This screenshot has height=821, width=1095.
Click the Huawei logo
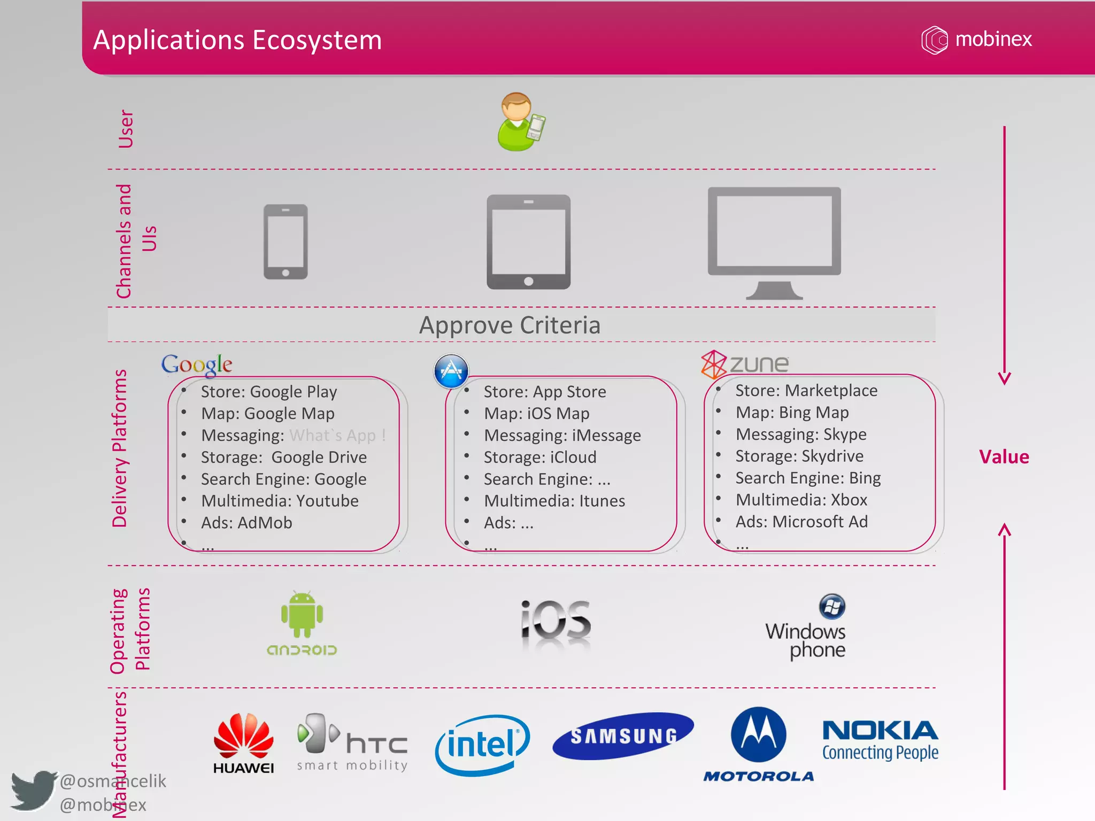pos(244,743)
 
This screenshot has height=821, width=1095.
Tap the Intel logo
pos(482,745)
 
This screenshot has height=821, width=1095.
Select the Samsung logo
pos(623,736)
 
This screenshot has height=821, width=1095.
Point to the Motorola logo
pos(759,743)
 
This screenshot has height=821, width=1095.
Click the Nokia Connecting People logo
pos(880,740)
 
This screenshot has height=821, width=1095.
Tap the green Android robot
pos(302,615)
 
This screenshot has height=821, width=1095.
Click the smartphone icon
pos(286,242)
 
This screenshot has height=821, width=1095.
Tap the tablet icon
pos(528,242)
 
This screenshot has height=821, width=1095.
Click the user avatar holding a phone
pos(520,122)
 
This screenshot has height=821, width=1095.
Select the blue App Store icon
pos(451,370)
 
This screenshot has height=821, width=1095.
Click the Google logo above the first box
pos(197,365)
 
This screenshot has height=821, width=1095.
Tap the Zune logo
pos(744,364)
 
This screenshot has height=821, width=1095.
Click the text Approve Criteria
pos(510,325)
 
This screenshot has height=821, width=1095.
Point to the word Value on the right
pos(1004,457)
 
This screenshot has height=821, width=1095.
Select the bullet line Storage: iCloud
pos(540,457)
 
